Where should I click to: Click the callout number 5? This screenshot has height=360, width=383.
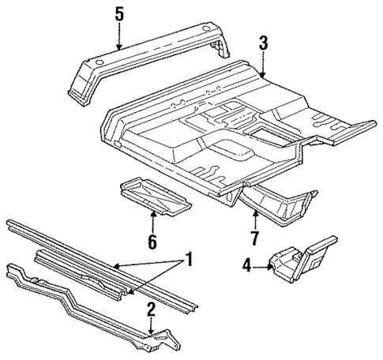(x=119, y=13)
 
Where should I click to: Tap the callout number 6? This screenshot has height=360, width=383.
(x=151, y=240)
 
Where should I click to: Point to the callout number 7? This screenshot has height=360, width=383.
(x=255, y=238)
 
